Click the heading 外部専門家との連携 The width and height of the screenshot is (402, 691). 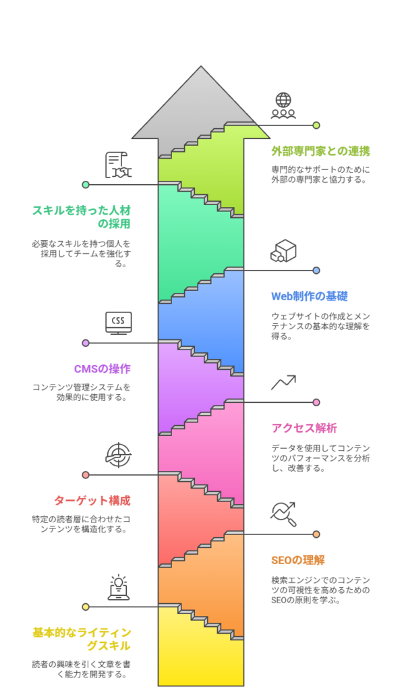click(320, 151)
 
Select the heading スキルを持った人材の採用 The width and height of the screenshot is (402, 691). click(82, 217)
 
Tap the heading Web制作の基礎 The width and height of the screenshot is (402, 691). click(310, 296)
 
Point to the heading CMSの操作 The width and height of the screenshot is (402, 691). click(102, 369)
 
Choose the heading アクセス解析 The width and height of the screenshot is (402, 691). click(304, 428)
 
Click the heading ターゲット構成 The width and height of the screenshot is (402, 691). click(92, 501)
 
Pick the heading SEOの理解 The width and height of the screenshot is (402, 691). click(298, 560)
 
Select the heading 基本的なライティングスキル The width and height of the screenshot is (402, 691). click(82, 639)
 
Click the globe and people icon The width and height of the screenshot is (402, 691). click(283, 106)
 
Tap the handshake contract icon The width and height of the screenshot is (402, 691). click(118, 165)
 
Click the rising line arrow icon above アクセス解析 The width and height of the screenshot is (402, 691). click(283, 383)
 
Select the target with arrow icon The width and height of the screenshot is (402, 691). click(119, 455)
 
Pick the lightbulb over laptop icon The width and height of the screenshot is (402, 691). click(119, 588)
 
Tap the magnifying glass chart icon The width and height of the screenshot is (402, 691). click(283, 514)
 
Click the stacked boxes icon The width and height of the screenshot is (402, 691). click(283, 251)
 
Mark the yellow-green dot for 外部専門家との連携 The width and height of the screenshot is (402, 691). click(316, 125)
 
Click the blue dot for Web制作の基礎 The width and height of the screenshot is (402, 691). click(316, 271)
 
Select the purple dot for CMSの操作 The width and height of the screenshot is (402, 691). click(86, 343)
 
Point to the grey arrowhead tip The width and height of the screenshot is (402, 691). click(201, 67)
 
